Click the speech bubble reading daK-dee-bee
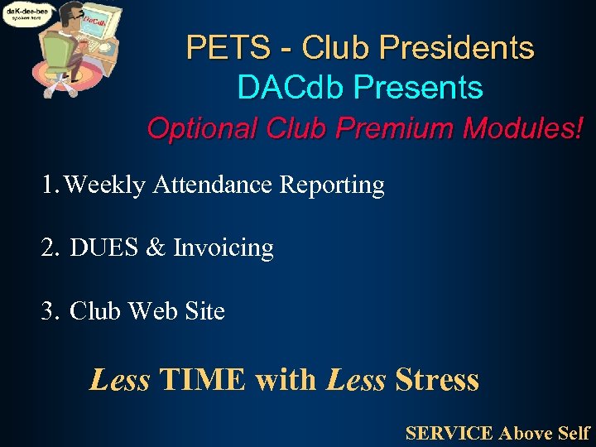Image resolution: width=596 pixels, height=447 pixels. pos(26,14)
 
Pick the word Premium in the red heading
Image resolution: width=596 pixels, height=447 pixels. pos(387,128)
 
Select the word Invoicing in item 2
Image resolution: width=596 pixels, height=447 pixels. pos(223,248)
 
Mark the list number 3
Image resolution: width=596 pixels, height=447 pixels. pos(49,311)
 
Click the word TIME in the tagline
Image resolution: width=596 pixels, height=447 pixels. pos(203,380)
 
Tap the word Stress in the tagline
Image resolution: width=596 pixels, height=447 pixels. pos(437,380)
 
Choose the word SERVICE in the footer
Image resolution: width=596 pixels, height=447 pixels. pos(449,432)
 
